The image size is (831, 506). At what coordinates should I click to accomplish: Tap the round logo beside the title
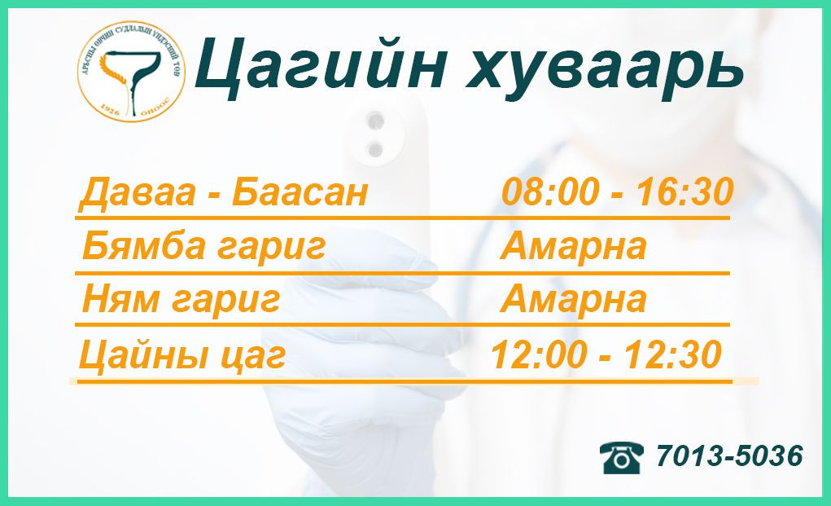[130, 73]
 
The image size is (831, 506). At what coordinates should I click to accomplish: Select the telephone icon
[622, 456]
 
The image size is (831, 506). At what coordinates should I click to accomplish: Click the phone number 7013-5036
[729, 456]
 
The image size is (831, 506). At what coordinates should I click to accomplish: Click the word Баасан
[300, 194]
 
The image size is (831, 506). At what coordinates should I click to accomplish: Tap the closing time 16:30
[685, 192]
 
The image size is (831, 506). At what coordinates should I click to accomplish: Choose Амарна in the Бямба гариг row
[573, 246]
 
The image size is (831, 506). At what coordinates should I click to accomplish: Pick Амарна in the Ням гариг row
[573, 300]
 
